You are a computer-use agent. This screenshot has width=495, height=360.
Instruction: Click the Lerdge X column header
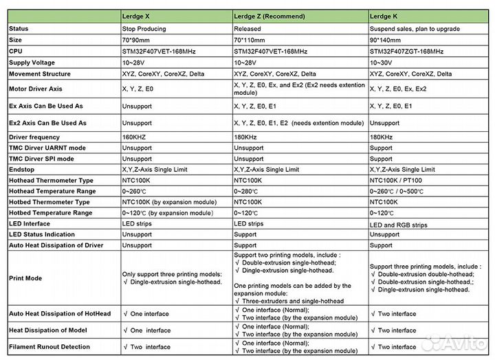[140, 15]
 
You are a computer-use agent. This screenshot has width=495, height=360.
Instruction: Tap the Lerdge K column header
[386, 15]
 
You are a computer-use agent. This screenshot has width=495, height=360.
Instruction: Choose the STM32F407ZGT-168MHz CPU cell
[406, 51]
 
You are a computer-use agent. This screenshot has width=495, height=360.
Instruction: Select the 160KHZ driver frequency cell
[137, 137]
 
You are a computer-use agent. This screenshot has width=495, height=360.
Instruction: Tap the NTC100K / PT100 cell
[399, 180]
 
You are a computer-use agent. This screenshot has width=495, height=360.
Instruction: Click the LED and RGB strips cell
[398, 224]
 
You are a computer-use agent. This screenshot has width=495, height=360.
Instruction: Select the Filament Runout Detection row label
[49, 347]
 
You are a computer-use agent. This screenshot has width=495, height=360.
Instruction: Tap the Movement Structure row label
[39, 74]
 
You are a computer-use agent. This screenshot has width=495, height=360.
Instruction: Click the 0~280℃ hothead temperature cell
[250, 191]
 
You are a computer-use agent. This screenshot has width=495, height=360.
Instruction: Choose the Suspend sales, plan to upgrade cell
[415, 29]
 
